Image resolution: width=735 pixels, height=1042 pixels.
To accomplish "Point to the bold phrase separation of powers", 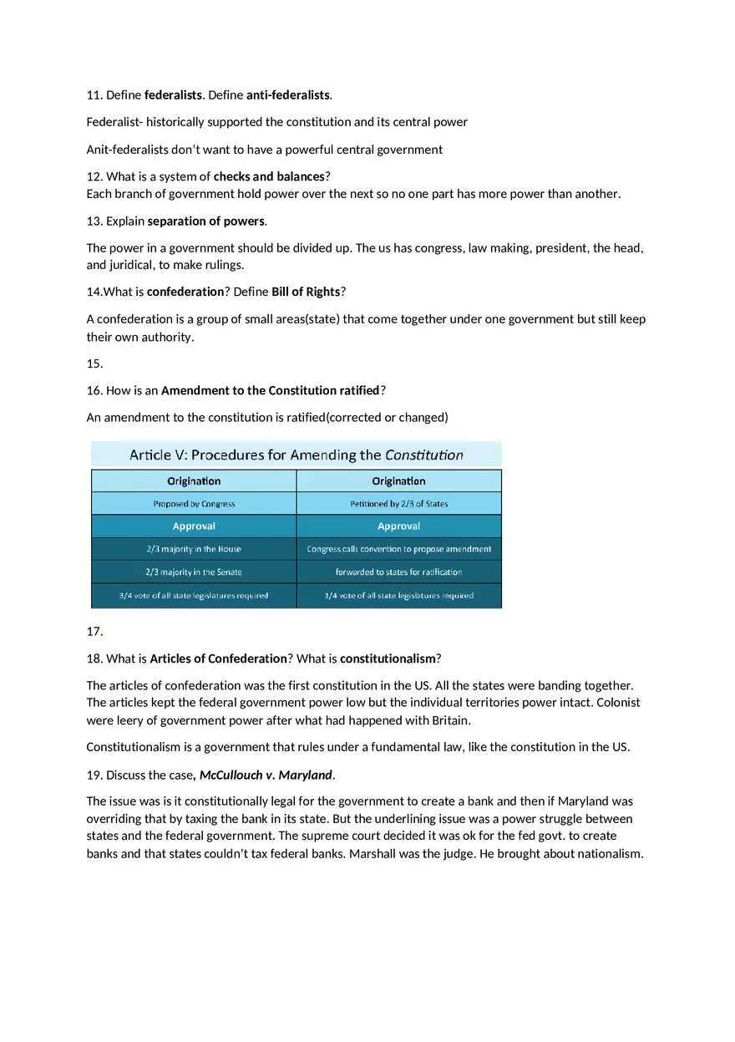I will tap(206, 221).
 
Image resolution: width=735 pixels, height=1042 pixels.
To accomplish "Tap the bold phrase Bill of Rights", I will tap(306, 292).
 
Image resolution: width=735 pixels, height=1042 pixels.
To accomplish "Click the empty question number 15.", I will tap(94, 363).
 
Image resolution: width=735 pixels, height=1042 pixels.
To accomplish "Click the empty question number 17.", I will tap(94, 632).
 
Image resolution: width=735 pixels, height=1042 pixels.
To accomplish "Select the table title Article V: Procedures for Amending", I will tap(296, 455).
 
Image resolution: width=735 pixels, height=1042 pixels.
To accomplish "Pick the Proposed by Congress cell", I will tap(194, 504).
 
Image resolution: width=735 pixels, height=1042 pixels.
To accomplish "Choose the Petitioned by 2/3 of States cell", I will tap(398, 504).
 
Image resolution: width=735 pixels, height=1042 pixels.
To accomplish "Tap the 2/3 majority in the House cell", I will tap(194, 549).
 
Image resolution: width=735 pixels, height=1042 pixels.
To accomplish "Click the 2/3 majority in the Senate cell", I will tap(194, 572).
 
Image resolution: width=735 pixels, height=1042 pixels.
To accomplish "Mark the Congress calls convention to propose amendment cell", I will tap(398, 549).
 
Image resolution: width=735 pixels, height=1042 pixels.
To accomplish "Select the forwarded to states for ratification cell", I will tap(398, 572).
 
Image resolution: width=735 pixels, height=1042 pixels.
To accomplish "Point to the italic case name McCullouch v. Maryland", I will tap(266, 775).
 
